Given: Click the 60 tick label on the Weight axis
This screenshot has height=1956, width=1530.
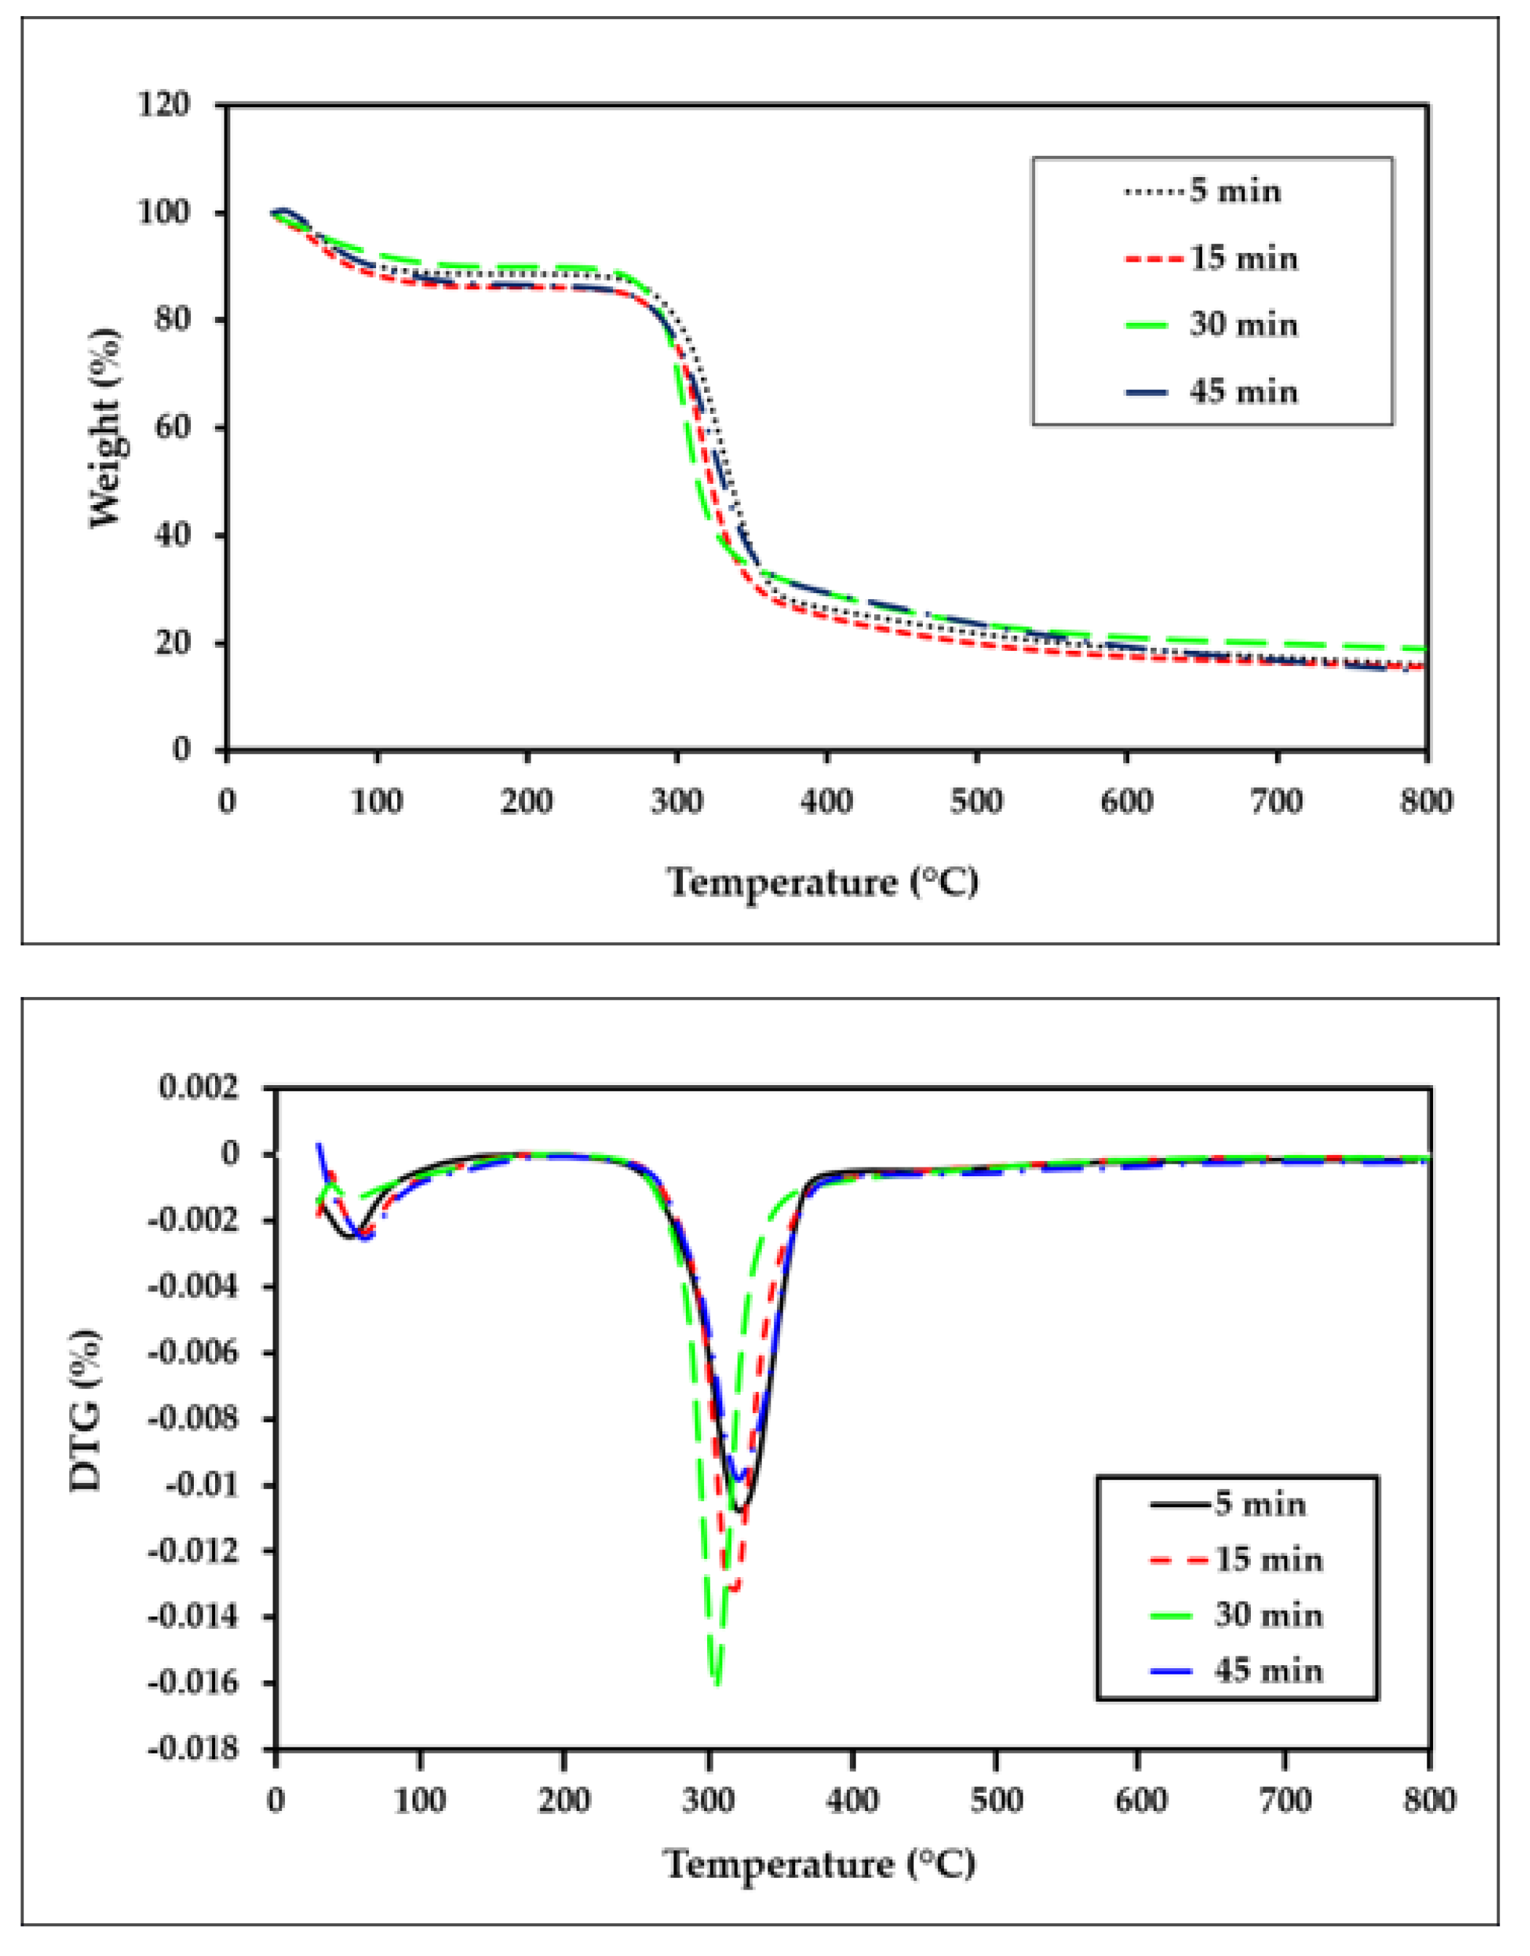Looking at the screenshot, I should [172, 427].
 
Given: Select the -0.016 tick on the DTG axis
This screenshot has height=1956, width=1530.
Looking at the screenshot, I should [195, 1683].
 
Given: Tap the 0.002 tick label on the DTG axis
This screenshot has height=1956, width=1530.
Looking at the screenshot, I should [200, 1088].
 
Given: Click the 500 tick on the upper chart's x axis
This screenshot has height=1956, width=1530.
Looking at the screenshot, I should [977, 799].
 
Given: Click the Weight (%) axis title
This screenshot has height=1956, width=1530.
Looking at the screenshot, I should [106, 427].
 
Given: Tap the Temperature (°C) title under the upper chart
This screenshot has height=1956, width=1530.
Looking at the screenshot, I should [822, 883].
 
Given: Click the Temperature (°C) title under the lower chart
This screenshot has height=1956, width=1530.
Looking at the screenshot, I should [819, 1865].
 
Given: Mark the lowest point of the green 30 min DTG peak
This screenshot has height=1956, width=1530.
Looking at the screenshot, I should [716, 1683].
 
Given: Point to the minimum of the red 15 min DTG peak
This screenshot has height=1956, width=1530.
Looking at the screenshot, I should [733, 1589].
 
